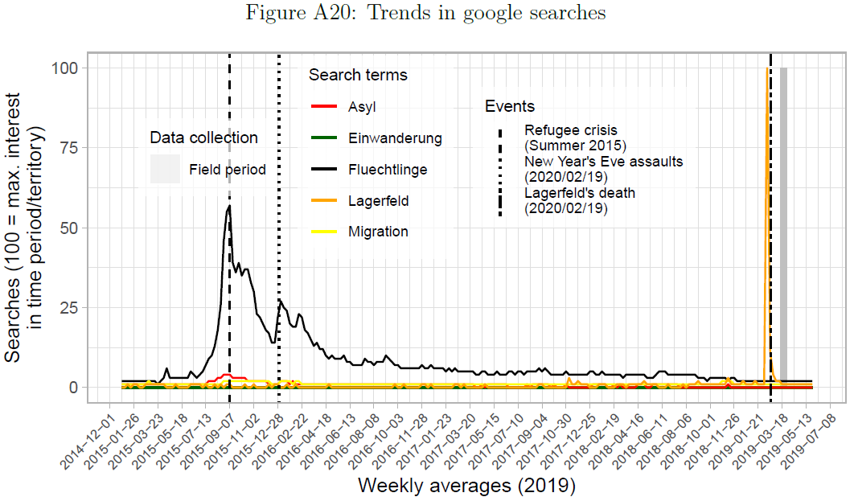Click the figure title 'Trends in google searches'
click(x=427, y=13)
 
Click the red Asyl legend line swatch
click(x=323, y=107)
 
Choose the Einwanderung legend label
click(x=395, y=138)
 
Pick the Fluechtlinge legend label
click(x=388, y=170)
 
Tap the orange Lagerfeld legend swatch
click(x=323, y=201)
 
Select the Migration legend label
click(x=378, y=232)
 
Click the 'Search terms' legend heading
click(x=358, y=76)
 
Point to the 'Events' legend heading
click(x=509, y=107)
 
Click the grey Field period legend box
click(x=165, y=170)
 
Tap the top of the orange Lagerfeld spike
click(x=767, y=69)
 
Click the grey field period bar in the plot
click(x=783, y=225)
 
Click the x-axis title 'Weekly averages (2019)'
click(x=466, y=486)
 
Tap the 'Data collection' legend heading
click(x=203, y=138)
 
